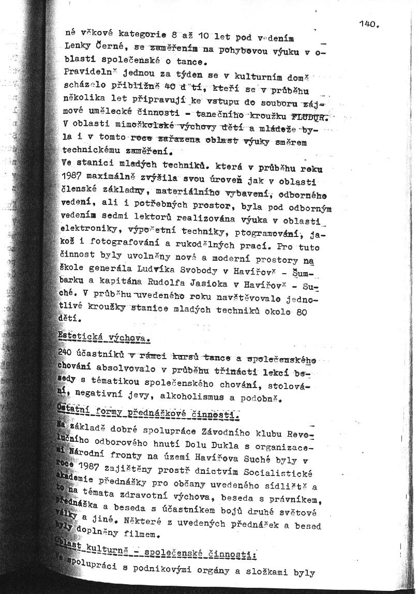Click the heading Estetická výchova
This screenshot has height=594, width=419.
[x=103, y=339]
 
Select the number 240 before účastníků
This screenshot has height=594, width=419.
[x=67, y=352]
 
